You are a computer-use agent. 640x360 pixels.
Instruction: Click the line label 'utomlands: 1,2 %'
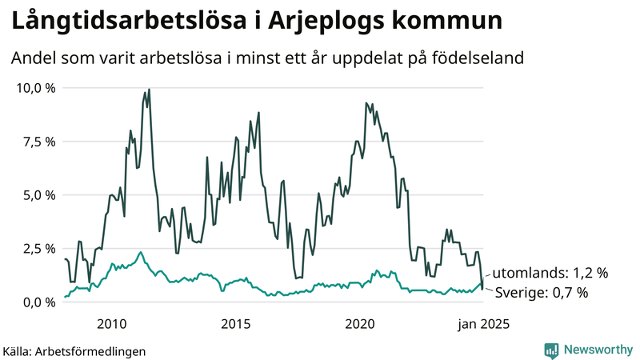550,273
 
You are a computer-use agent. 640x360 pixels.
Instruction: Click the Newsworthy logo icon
551,350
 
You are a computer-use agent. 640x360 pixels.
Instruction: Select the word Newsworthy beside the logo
598,350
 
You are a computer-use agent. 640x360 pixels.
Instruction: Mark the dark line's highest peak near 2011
149,90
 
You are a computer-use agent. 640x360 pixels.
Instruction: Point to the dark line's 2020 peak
366,103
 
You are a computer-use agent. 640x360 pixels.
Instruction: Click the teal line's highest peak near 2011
141,252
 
